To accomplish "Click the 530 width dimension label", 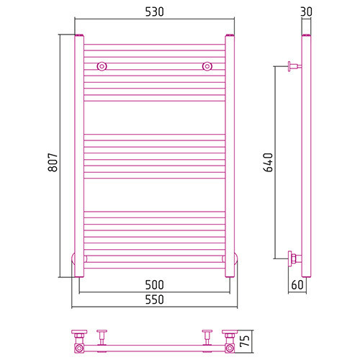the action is tap(155, 12).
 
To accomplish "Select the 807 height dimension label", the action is tap(53, 162).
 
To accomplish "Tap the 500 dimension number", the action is tap(155, 285).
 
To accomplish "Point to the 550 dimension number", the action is tap(155, 300).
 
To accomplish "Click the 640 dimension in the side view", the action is tap(268, 163).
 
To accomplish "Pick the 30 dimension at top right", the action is tap(306, 12).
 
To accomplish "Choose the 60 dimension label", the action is tap(297, 285).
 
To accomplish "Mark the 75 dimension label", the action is tap(245, 341).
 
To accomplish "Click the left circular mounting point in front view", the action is tap(102, 66).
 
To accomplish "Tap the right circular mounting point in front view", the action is tap(207, 66).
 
